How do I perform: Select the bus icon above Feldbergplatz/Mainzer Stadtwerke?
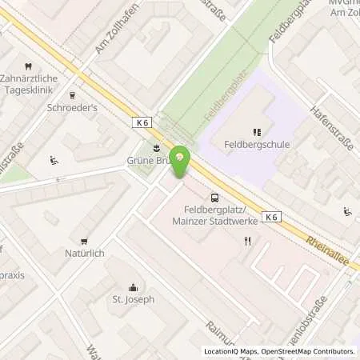(x=214, y=198)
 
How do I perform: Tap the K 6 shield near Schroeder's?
(x=142, y=122)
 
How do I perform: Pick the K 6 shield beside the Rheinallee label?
(x=271, y=217)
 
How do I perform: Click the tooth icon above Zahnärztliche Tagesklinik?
(x=28, y=66)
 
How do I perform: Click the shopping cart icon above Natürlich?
(x=84, y=241)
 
